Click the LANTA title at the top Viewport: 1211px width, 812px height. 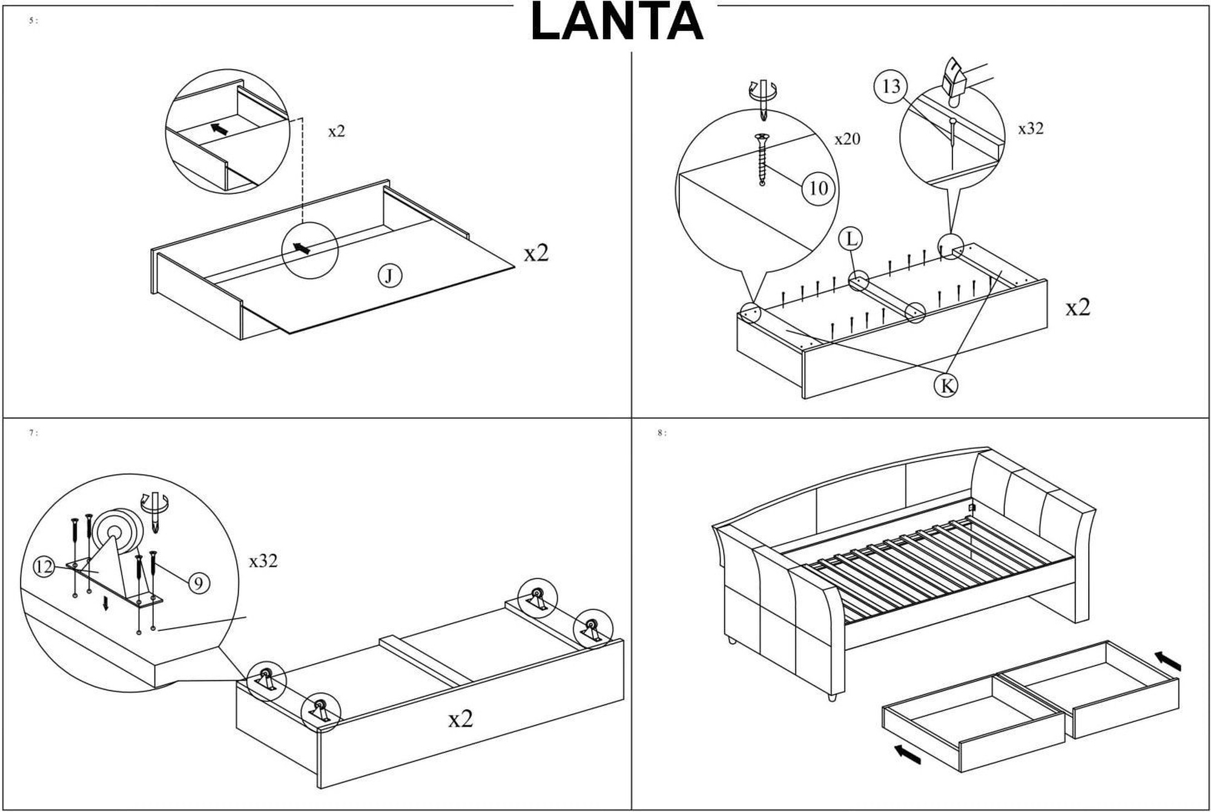tap(616, 22)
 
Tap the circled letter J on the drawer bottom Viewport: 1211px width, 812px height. tap(390, 276)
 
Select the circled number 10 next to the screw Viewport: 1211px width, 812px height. tap(818, 188)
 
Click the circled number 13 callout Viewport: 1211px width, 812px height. tap(891, 87)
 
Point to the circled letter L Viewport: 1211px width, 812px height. tap(851, 239)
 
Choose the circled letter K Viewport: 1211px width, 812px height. tap(946, 385)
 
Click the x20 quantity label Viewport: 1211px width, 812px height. tap(847, 139)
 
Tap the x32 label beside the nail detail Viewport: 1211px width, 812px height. tap(1031, 128)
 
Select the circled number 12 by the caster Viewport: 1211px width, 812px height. tap(44, 567)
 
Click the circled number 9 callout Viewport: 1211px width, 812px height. tap(199, 583)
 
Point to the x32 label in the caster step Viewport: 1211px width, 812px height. tap(263, 561)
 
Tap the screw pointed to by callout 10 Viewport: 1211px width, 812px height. tap(762, 159)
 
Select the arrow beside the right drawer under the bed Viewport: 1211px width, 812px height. tap(1168, 661)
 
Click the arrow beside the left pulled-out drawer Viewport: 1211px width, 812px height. tap(908, 754)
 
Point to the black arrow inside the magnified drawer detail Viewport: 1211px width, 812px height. tap(219, 129)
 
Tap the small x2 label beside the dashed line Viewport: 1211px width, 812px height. tap(337, 131)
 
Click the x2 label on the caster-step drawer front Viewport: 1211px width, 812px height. tap(460, 719)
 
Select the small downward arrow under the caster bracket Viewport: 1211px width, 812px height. tap(106, 604)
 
